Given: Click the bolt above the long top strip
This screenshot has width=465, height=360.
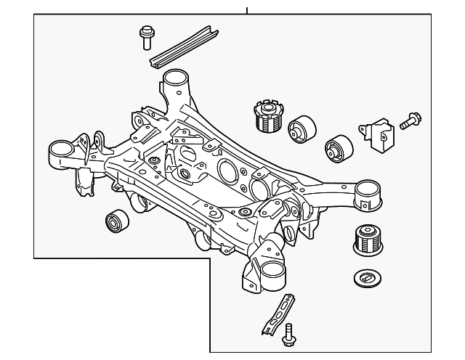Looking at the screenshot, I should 146,33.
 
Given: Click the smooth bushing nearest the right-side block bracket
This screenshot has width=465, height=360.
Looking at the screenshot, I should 338,149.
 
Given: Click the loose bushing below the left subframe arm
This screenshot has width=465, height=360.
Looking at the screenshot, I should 116,220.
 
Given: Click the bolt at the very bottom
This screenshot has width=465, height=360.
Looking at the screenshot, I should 290,334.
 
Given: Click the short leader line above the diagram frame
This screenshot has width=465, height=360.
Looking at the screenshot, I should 247,10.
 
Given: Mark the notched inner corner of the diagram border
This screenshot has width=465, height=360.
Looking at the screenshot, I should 211,258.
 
